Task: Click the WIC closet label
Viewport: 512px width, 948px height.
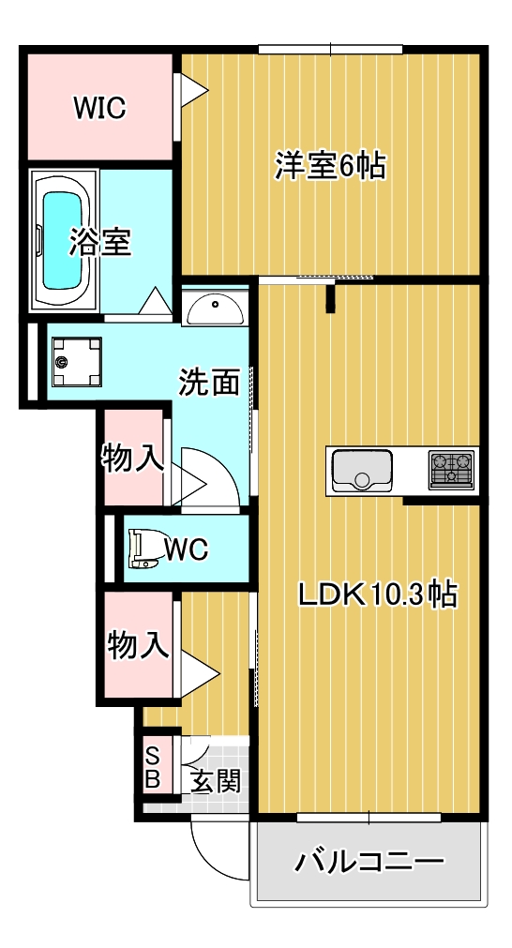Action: (x=99, y=108)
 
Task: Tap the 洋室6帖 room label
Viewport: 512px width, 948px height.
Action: (x=329, y=166)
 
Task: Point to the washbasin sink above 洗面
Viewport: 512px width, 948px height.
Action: (x=215, y=307)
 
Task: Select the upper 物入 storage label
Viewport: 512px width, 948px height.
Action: (x=133, y=459)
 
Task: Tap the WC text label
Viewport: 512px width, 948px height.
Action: (x=187, y=549)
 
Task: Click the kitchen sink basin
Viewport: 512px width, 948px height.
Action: (x=361, y=470)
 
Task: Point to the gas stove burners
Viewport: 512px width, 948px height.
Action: (x=452, y=470)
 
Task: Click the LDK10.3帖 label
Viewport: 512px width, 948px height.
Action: (x=377, y=594)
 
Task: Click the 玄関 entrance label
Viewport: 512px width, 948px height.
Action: (x=216, y=780)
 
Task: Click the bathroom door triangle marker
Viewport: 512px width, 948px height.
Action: (x=153, y=302)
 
